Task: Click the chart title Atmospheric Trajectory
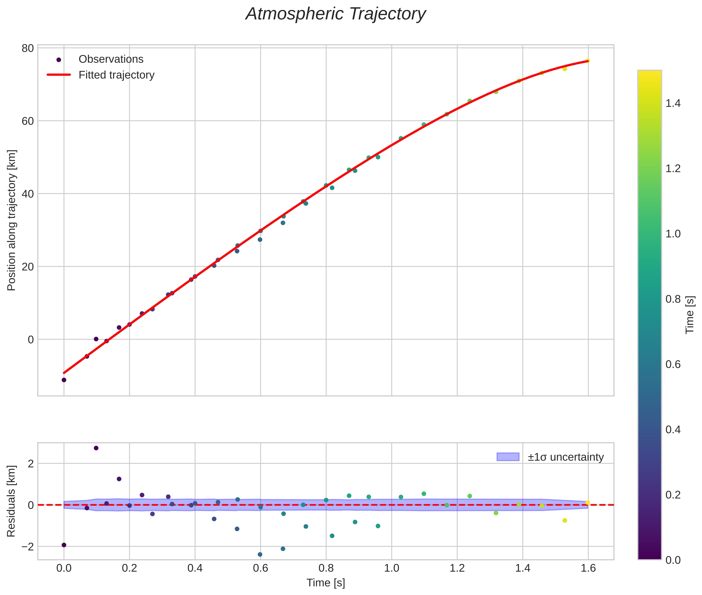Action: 335,14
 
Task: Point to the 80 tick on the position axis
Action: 28,48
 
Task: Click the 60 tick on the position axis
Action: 28,121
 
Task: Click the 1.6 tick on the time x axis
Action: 588,568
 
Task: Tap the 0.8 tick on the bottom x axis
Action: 326,568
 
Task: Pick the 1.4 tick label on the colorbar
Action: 673,104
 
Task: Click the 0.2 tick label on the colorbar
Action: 673,495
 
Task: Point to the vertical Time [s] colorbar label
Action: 690,315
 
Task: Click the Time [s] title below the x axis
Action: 326,583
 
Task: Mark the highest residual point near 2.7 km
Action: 96,448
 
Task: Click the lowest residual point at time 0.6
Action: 260,554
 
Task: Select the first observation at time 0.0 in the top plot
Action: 64,380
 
